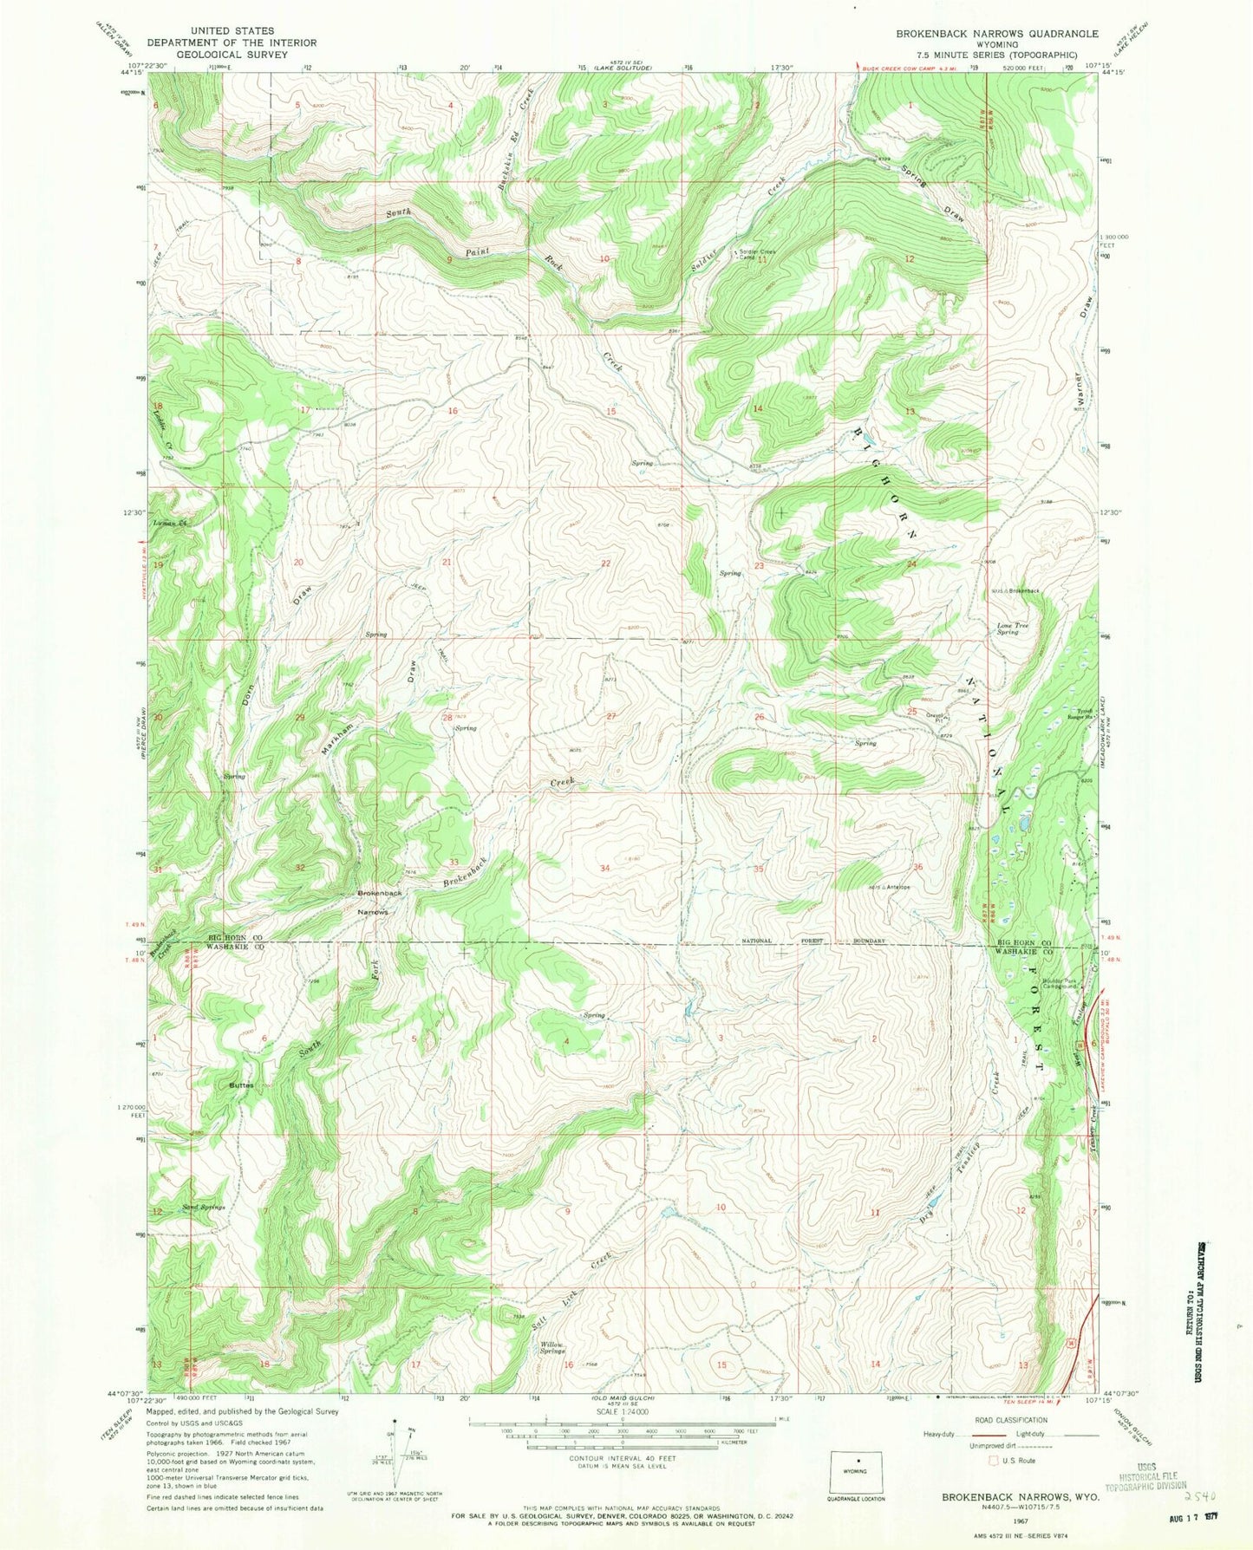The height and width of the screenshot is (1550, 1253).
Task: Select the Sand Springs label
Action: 204,1207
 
